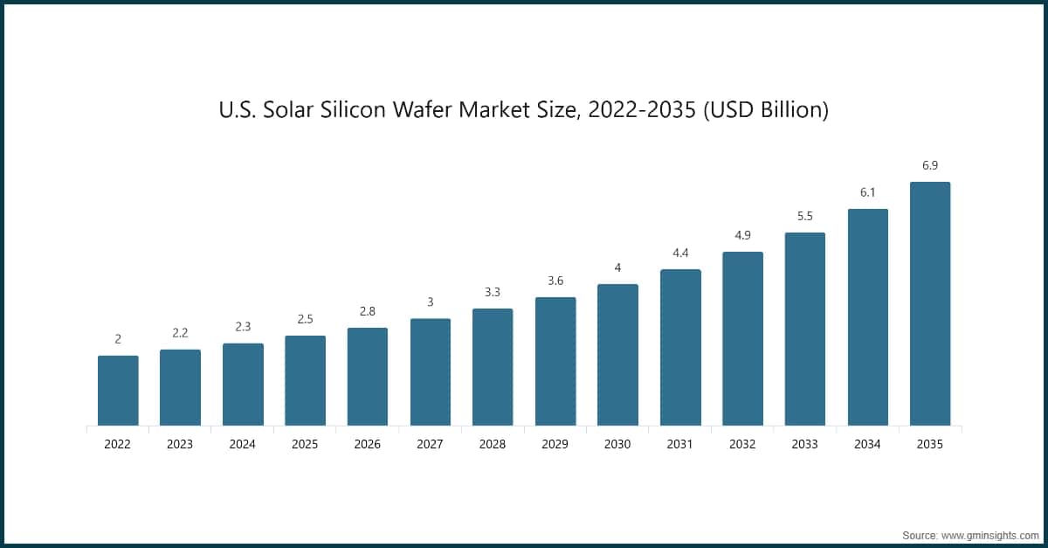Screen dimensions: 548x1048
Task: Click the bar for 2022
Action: [x=118, y=391]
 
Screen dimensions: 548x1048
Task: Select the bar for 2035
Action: [x=930, y=304]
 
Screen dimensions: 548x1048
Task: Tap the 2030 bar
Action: [x=617, y=355]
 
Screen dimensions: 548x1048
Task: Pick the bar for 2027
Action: [x=431, y=372]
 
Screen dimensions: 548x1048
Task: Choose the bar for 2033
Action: [x=805, y=329]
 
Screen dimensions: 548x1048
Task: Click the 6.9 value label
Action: [x=930, y=166]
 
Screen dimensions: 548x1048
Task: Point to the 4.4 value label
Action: [x=680, y=253]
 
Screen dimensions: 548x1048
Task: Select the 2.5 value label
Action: [x=305, y=320]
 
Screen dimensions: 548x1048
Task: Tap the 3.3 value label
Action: [x=493, y=292]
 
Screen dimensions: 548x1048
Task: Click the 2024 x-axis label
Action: [x=243, y=444]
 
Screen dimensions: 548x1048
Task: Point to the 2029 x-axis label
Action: [x=555, y=444]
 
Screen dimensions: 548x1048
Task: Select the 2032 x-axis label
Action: [x=742, y=444]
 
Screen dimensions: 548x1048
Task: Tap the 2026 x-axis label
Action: [x=368, y=444]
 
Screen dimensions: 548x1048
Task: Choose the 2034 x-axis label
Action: [x=867, y=444]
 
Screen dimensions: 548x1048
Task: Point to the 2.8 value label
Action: [x=368, y=312]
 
